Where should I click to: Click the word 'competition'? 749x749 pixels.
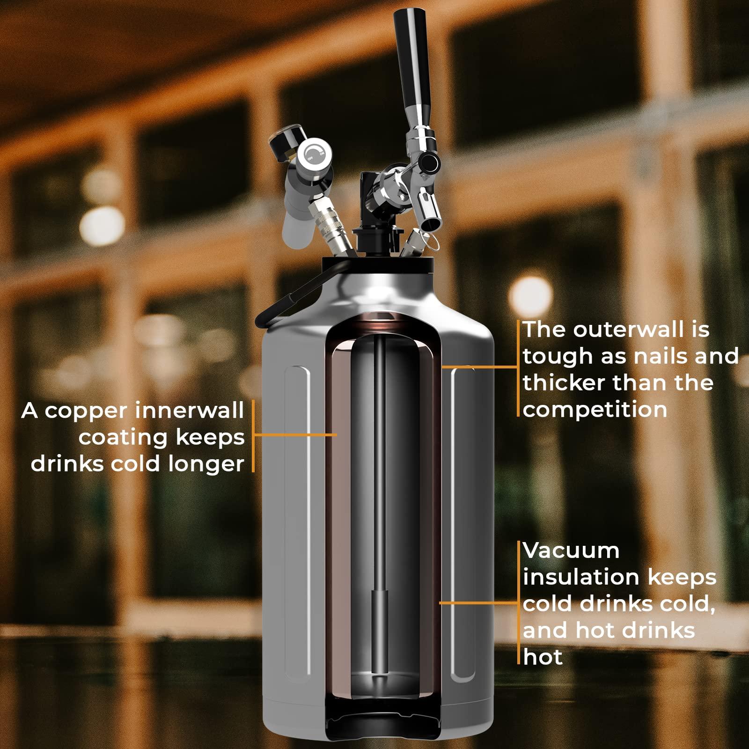[595, 410]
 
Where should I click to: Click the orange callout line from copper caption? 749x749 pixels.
[295, 434]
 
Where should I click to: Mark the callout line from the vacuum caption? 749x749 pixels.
[480, 603]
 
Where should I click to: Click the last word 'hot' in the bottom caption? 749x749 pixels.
[543, 657]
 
